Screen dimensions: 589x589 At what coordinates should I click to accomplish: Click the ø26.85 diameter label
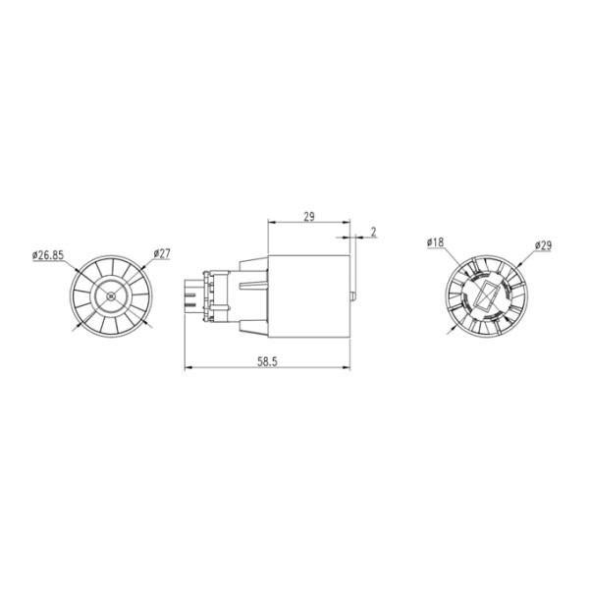(48, 255)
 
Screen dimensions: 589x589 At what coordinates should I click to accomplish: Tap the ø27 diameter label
(162, 254)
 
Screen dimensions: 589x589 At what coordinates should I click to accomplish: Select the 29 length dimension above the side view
(309, 217)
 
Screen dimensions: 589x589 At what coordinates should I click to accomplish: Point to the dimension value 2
(373, 232)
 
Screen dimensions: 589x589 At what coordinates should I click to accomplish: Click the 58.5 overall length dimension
(267, 361)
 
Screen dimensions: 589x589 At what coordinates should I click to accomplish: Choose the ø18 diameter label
(435, 242)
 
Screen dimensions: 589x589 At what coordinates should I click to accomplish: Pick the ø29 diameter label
(543, 245)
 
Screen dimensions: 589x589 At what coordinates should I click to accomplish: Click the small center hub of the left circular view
(110, 296)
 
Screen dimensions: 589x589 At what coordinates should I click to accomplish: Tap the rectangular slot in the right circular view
(487, 295)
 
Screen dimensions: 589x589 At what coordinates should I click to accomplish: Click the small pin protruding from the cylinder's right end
(353, 296)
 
